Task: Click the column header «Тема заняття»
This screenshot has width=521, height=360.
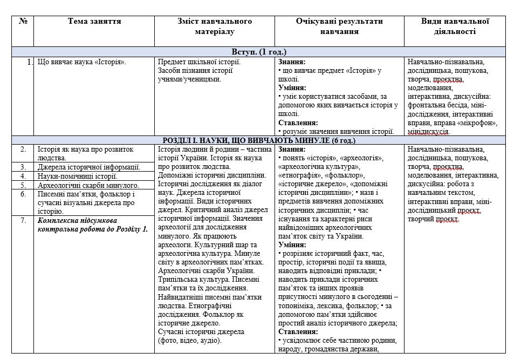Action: pos(94,22)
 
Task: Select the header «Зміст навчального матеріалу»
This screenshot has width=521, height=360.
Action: pos(215,26)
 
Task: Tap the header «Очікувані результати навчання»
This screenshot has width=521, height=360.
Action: pos(339,26)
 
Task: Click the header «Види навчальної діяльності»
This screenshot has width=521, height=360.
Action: pos(455,26)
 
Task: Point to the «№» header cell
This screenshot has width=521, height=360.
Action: pos(23,22)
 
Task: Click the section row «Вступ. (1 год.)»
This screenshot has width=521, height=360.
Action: pos(259,52)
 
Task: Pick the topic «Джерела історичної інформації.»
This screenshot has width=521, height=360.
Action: pos(88,167)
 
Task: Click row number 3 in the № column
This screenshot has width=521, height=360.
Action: pos(23,167)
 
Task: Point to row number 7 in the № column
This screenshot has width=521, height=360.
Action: pos(23,220)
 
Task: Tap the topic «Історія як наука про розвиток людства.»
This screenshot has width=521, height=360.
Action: pos(85,153)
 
